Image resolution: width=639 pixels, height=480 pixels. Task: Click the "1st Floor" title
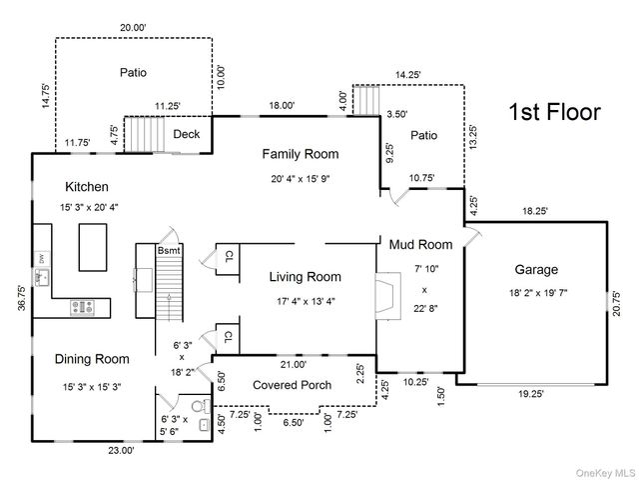click(x=555, y=112)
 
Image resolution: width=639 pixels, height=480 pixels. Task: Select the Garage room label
click(x=536, y=269)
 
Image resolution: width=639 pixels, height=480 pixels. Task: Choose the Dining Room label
click(x=92, y=359)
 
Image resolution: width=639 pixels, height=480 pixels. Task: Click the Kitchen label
click(x=88, y=187)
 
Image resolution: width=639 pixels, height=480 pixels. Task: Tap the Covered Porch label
click(x=293, y=385)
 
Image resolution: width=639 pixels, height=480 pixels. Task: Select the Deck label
click(x=187, y=135)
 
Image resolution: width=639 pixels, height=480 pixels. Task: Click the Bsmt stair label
click(x=168, y=250)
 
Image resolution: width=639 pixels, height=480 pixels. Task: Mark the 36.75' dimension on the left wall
click(x=21, y=301)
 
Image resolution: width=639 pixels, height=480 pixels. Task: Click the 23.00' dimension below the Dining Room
click(x=122, y=451)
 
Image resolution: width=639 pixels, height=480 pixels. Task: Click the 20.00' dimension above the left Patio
click(x=132, y=27)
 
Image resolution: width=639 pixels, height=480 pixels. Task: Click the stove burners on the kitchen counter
click(x=82, y=308)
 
